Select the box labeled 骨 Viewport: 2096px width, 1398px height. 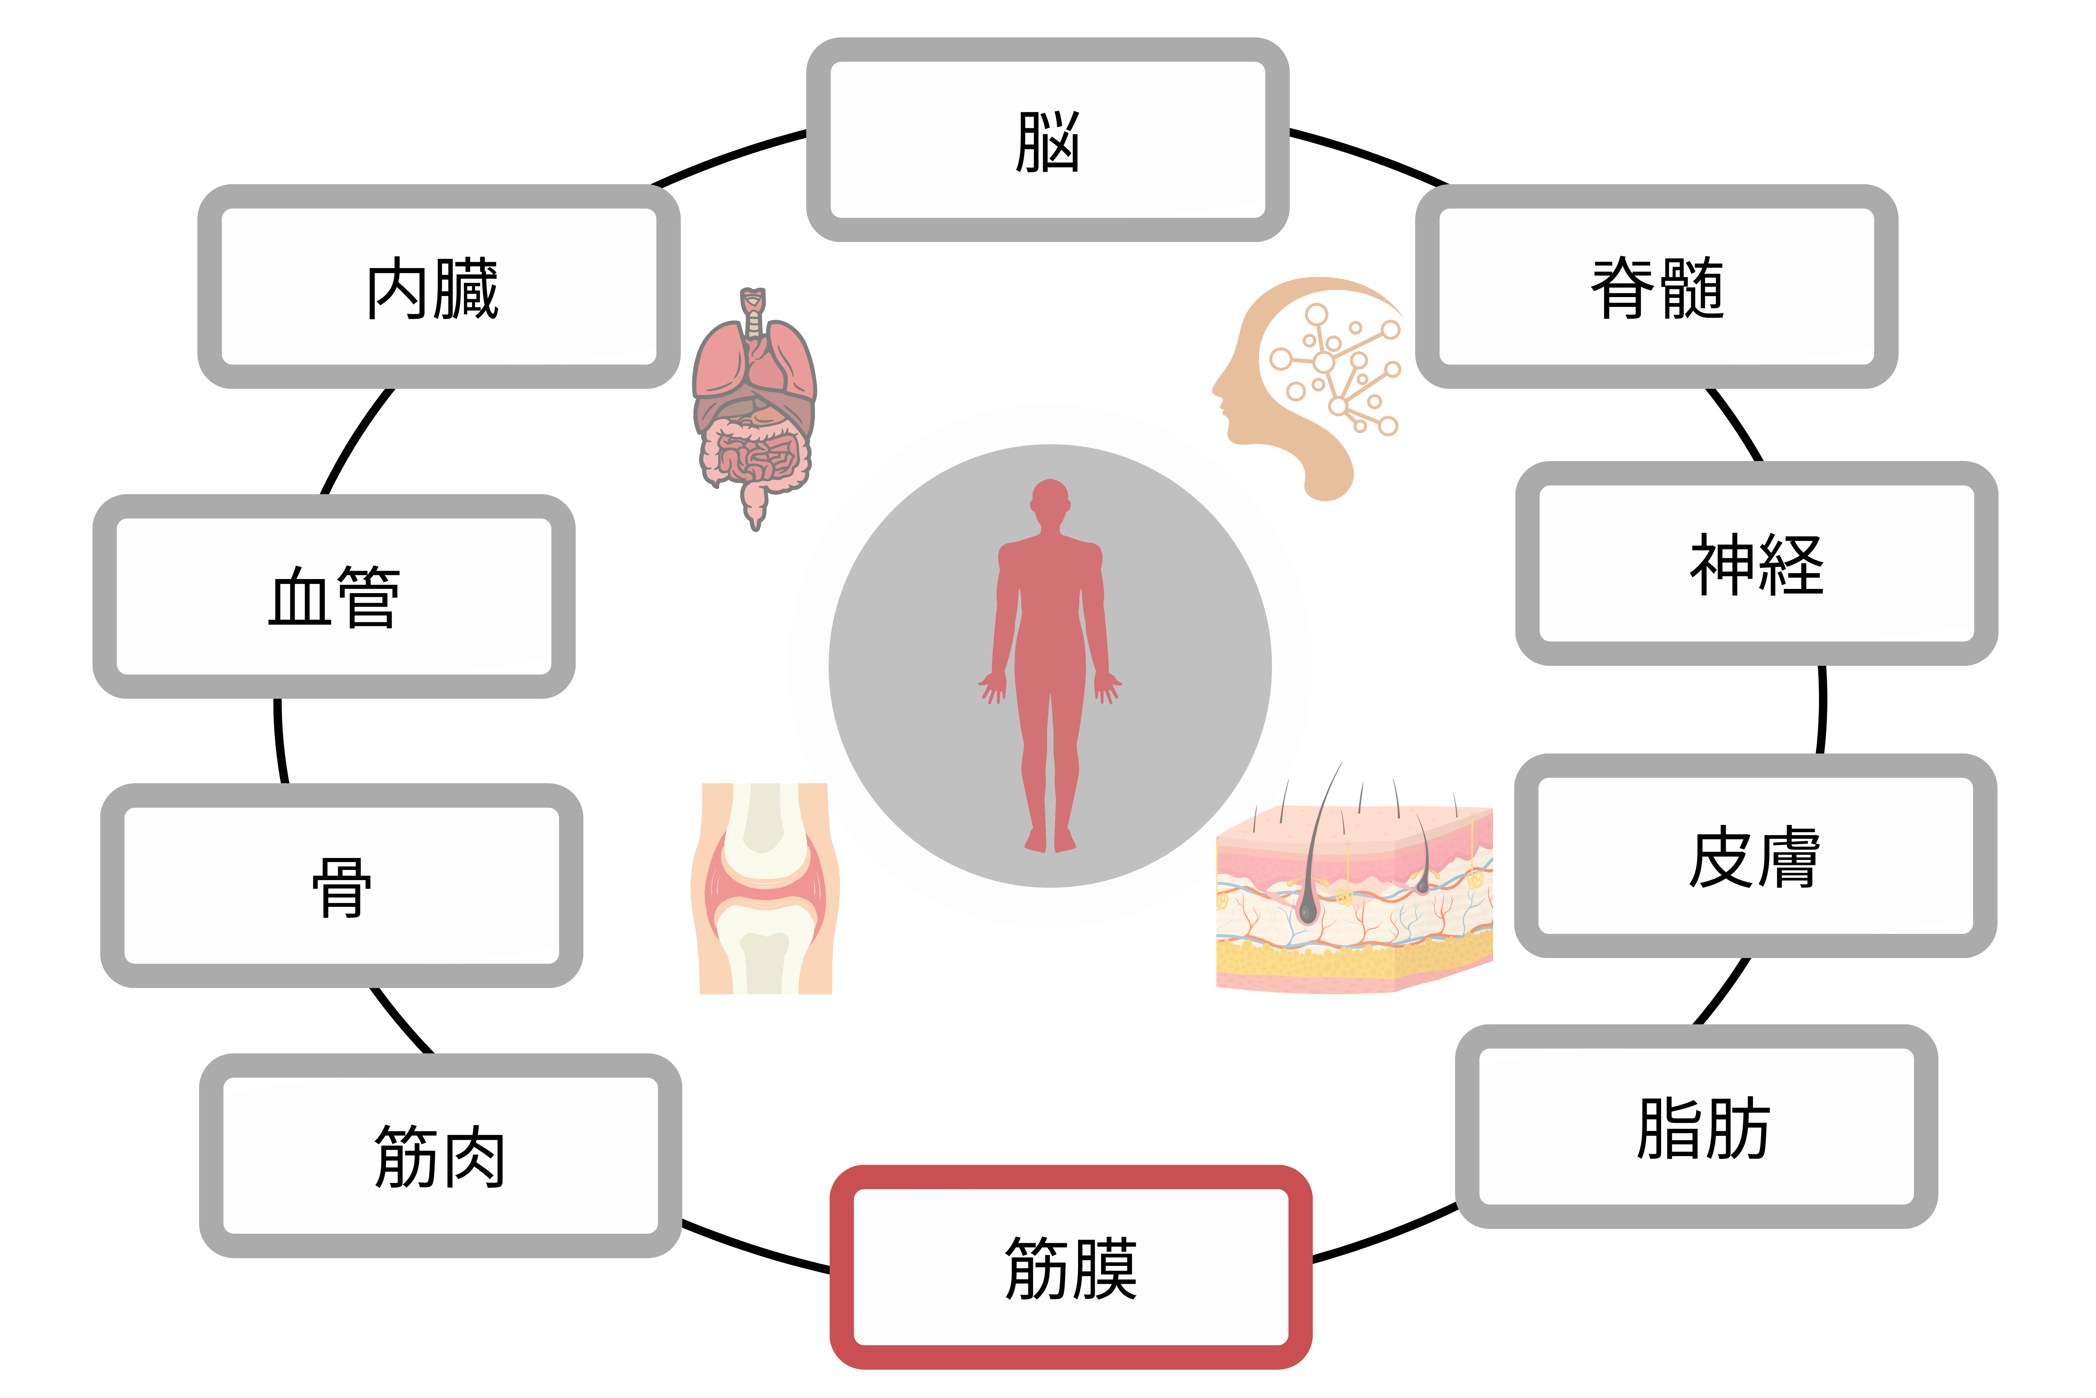point(341,885)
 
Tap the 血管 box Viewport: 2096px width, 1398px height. point(334,597)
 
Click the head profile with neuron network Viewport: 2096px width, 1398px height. point(1310,383)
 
